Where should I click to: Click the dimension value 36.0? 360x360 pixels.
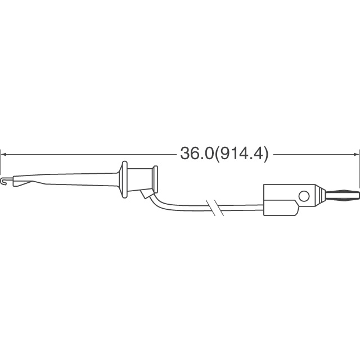(x=196, y=153)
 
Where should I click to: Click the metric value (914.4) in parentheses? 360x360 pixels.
(x=241, y=153)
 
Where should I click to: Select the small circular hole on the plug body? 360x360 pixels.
(x=304, y=196)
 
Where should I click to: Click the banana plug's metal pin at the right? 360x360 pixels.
(x=340, y=196)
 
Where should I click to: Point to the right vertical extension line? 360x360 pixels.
(x=358, y=169)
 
